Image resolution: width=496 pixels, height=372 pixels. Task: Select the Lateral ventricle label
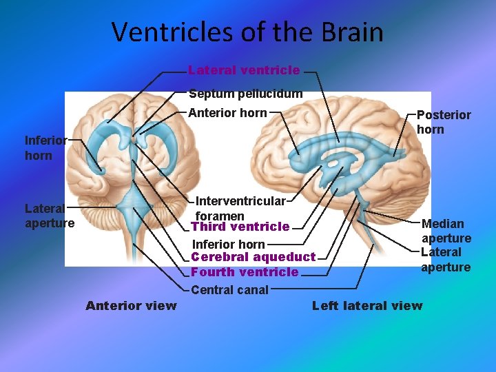click(x=244, y=70)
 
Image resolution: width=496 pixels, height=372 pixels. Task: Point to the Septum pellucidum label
click(x=245, y=94)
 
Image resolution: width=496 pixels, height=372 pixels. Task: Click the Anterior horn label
click(x=227, y=113)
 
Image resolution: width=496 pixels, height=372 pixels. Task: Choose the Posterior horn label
click(x=444, y=122)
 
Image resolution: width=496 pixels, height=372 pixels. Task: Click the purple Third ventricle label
click(x=240, y=227)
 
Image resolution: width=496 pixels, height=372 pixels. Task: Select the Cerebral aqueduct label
click(x=253, y=257)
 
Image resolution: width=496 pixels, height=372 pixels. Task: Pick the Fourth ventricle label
click(x=245, y=272)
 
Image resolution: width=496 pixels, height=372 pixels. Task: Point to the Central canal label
click(x=229, y=290)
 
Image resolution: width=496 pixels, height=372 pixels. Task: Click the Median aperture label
click(x=446, y=231)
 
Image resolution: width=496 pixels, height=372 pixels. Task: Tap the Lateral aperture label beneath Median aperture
click(x=446, y=260)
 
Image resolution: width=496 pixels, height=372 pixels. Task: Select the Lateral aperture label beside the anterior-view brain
click(x=49, y=215)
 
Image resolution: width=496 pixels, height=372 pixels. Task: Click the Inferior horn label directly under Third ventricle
click(x=228, y=244)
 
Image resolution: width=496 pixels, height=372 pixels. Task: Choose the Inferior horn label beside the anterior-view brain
click(x=45, y=147)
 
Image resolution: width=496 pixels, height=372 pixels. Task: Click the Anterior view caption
click(x=131, y=305)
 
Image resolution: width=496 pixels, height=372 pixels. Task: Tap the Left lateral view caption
click(x=367, y=305)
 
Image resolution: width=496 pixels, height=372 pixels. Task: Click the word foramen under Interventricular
click(x=220, y=216)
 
